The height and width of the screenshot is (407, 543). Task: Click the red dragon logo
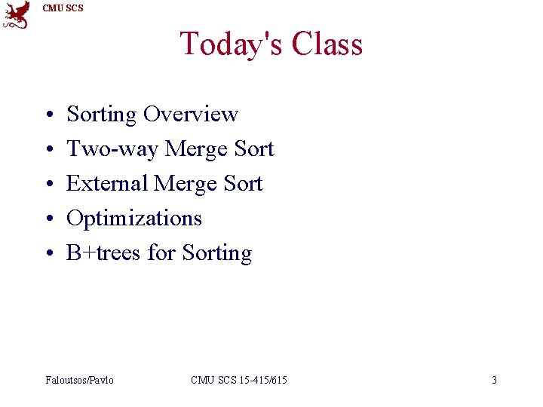[x=17, y=15]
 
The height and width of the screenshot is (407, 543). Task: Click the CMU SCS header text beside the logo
[x=63, y=8]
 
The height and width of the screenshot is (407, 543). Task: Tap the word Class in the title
[x=327, y=44]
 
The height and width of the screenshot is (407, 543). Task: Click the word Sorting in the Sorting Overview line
[x=102, y=115]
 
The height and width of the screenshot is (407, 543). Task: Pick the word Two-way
[x=112, y=149]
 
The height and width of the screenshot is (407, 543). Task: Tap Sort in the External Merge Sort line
[x=243, y=184]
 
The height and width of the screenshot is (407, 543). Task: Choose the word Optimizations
[x=134, y=219]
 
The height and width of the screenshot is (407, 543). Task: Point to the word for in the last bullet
[x=161, y=252]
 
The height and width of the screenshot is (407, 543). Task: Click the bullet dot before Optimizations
[x=48, y=219]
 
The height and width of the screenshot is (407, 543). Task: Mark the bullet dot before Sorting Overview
[x=48, y=115]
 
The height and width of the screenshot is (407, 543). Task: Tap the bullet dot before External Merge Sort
[x=48, y=185]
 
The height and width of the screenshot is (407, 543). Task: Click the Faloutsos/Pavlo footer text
[x=79, y=380]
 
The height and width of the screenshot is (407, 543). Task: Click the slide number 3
[x=494, y=380]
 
